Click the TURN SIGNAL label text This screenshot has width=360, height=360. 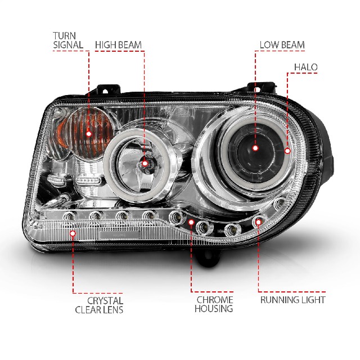pyautogui.click(x=68, y=40)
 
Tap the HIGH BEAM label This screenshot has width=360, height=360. pyautogui.click(x=118, y=45)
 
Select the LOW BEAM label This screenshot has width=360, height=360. pyautogui.click(x=282, y=45)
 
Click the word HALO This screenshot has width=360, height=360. pyautogui.click(x=306, y=67)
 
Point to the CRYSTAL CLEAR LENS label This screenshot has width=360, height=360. pyautogui.click(x=99, y=305)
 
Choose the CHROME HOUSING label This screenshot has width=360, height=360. pyautogui.click(x=214, y=304)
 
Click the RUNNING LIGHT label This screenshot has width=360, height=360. pyautogui.click(x=293, y=300)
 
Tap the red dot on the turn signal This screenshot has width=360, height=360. pyautogui.click(x=89, y=134)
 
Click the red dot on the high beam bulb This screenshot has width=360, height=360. pyautogui.click(x=145, y=164)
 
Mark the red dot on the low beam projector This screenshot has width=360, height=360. pyautogui.click(x=255, y=148)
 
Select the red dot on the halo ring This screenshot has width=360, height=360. pyautogui.click(x=287, y=151)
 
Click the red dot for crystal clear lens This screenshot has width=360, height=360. pyautogui.click(x=73, y=233)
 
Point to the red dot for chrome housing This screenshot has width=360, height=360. pyautogui.click(x=191, y=222)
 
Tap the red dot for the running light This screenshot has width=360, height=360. pyautogui.click(x=259, y=222)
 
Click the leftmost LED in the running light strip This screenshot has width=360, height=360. pyautogui.click(x=69, y=216)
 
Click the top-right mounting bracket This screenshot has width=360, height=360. pyautogui.click(x=261, y=88)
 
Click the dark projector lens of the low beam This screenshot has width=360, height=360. pyautogui.click(x=255, y=150)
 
